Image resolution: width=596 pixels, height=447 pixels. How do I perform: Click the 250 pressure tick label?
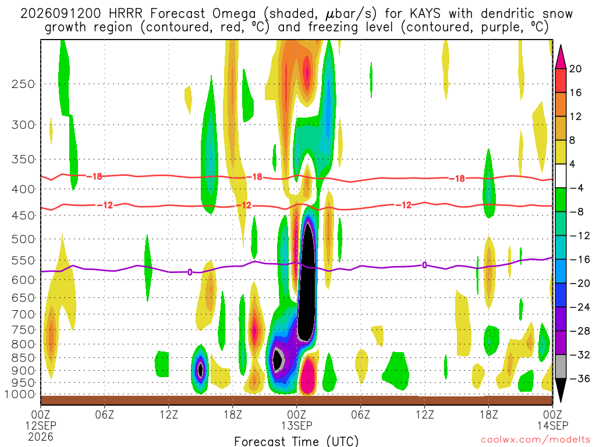(23, 84)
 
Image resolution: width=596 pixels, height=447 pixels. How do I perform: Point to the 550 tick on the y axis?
(23, 261)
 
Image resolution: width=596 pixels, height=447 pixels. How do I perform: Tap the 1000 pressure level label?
(20, 395)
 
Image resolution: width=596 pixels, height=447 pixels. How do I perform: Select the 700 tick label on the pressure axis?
(23, 314)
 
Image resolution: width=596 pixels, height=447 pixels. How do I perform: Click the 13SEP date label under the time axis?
(296, 425)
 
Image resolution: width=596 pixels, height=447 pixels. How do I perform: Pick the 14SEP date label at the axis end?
(552, 425)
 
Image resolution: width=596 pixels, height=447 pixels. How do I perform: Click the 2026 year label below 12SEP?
(41, 437)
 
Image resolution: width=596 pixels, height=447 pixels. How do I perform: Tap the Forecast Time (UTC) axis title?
(296, 441)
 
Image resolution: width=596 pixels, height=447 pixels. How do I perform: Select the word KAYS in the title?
(425, 14)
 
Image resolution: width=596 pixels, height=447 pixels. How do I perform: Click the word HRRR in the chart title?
(125, 14)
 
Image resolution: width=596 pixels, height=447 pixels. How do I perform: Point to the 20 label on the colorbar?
(576, 69)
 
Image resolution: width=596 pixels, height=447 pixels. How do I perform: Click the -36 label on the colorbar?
(580, 378)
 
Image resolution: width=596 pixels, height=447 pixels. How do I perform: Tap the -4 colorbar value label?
(576, 188)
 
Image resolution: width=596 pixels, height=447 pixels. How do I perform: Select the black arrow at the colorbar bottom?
(560, 389)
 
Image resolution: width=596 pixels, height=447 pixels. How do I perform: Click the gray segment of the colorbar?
(560, 367)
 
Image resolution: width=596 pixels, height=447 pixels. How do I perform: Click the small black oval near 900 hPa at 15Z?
(201, 369)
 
